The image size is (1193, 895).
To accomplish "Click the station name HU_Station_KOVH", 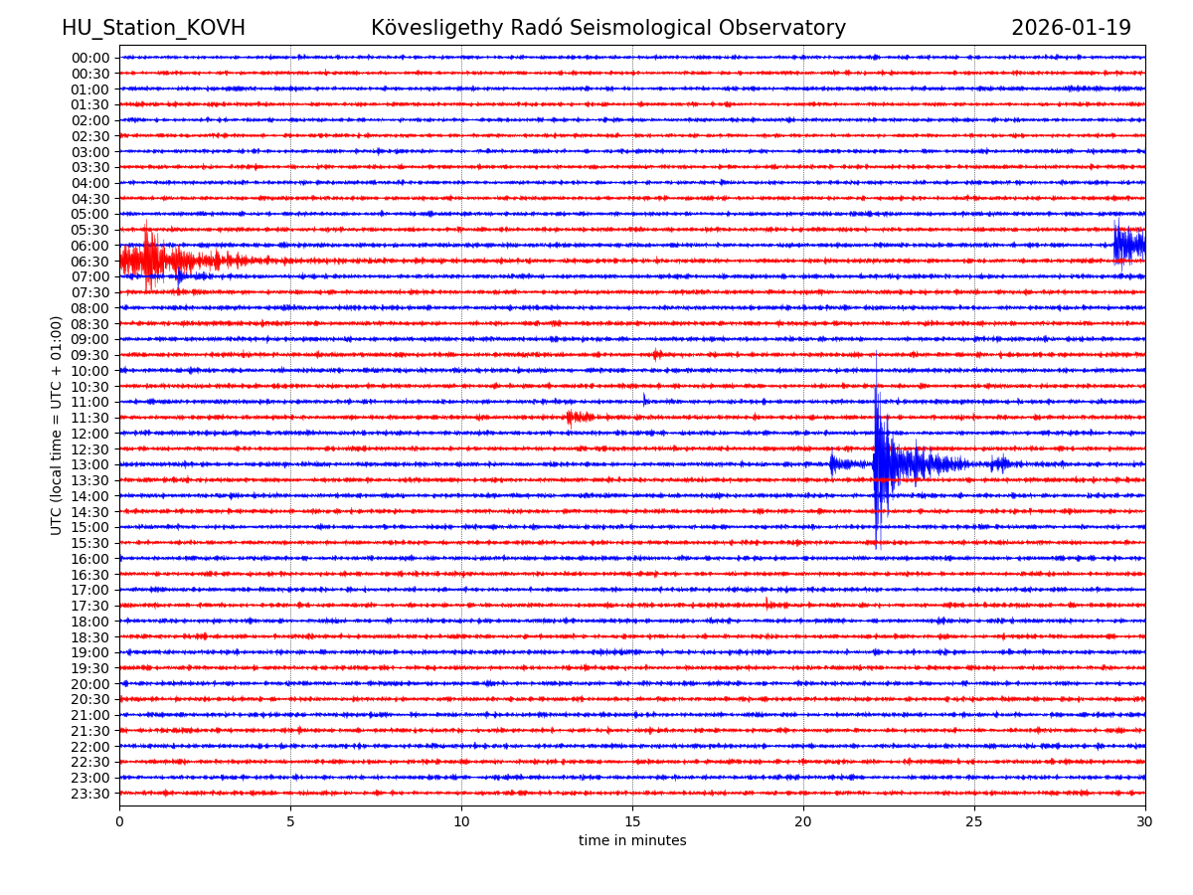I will coord(153,28).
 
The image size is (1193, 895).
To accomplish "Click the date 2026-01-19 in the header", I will coord(1071,28).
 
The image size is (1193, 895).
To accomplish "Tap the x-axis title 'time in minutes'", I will coord(632,840).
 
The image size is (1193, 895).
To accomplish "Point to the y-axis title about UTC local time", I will coord(57,425).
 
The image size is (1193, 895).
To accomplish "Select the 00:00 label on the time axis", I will coord(90,58).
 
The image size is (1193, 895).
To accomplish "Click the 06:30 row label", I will coord(90,262).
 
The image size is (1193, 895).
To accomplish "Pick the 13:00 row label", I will coord(90,464).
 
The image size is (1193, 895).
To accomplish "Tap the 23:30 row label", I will coord(90,794).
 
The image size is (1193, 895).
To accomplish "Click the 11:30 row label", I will coord(90,418).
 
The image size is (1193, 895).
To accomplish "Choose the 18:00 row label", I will coord(90,622).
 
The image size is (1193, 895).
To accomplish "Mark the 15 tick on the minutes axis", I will coord(632,821).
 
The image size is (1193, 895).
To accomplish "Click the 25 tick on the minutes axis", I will coord(974,821).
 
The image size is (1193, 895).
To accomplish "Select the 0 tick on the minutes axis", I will coord(119,821).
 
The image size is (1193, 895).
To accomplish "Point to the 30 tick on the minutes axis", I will coord(1145,821).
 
